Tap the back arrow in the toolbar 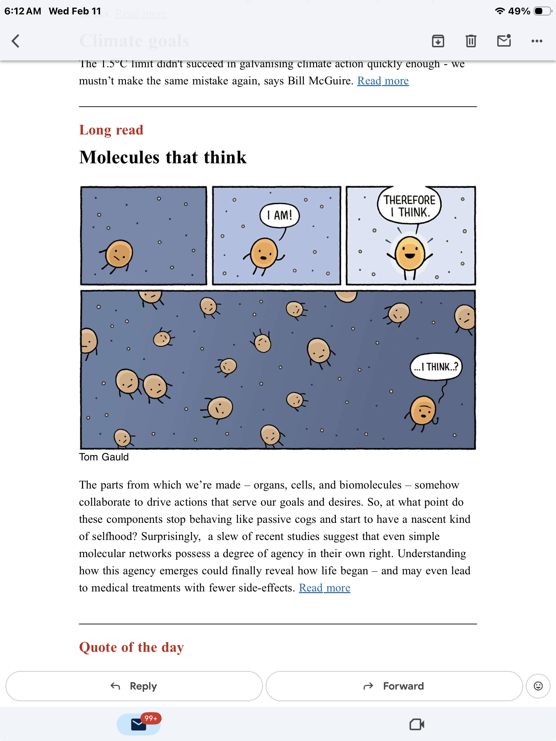15,41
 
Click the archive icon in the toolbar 438,41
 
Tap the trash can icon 471,41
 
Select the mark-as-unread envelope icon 504,41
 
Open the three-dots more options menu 537,41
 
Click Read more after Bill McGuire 383,81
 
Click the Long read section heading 111,130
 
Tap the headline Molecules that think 163,157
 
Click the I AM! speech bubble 280,215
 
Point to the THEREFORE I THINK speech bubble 409,206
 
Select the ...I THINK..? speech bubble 436,367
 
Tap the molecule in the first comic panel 119,255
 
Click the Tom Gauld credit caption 104,457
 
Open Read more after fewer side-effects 325,588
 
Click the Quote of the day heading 131,647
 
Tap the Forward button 394,686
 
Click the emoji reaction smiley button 538,686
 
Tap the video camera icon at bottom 417,725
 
